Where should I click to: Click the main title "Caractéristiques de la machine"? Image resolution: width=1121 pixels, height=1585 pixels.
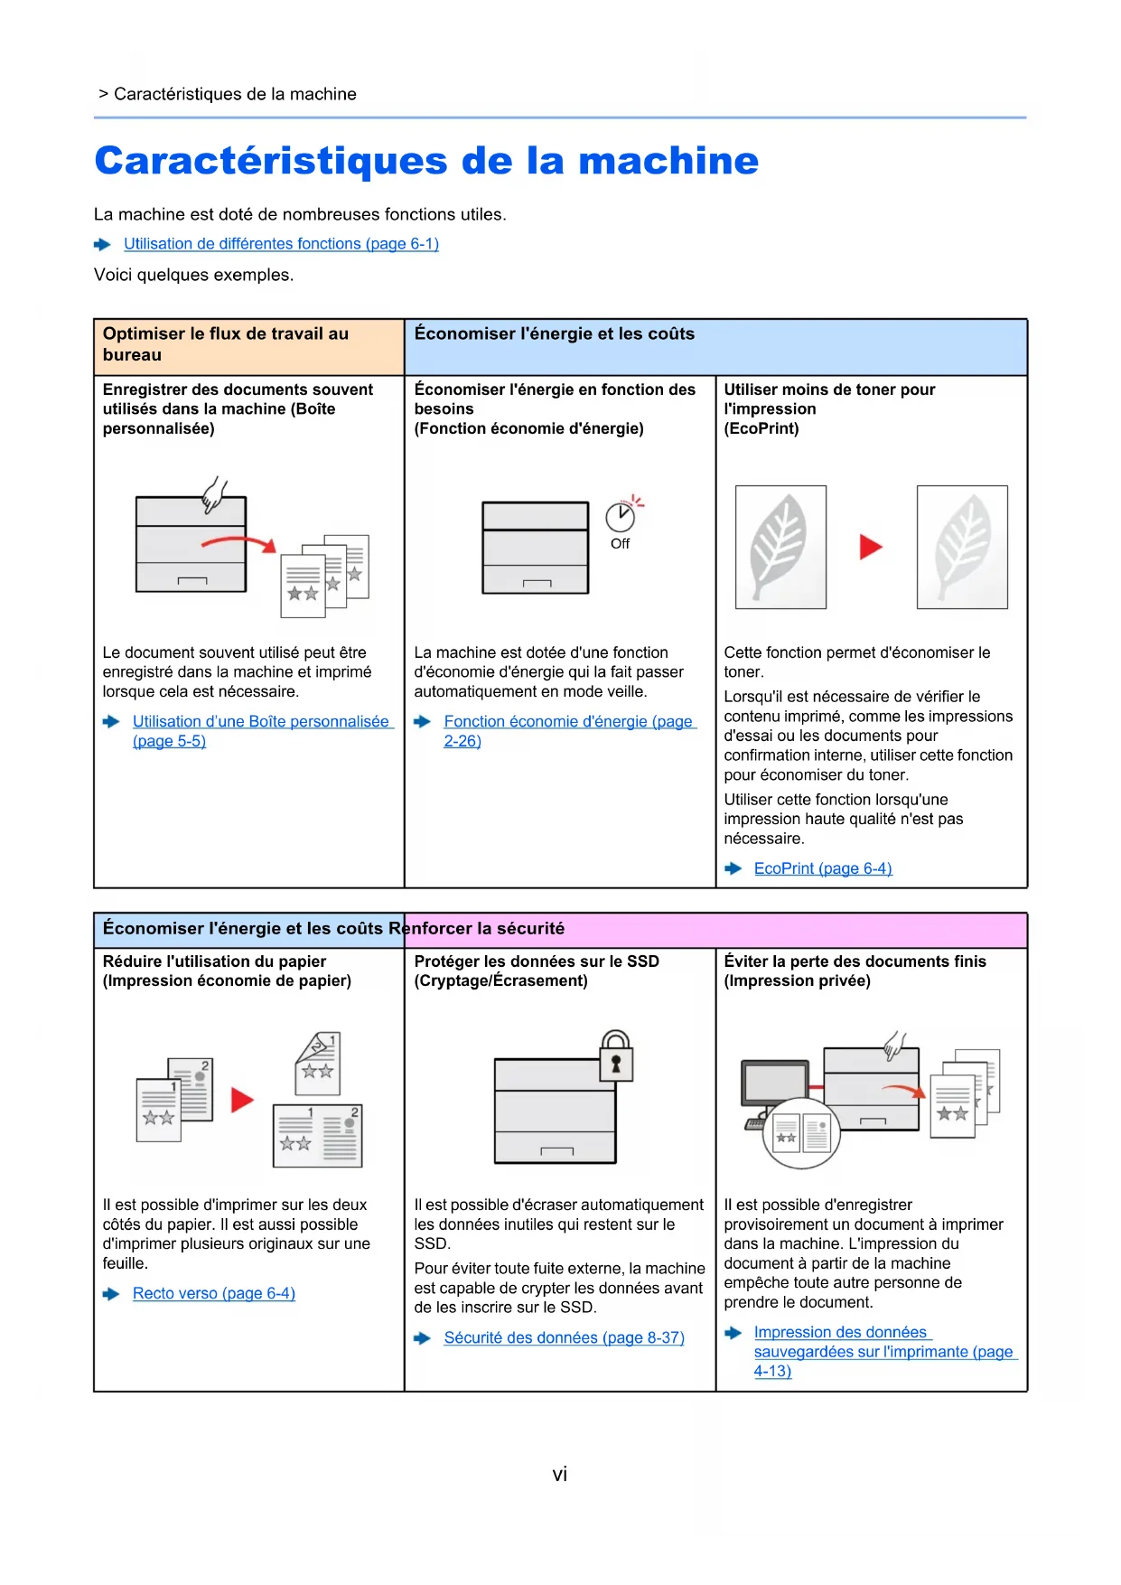point(426,161)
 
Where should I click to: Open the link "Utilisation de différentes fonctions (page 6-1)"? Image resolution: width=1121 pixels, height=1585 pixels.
point(281,244)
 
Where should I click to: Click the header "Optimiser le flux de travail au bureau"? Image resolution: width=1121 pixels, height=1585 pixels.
point(226,344)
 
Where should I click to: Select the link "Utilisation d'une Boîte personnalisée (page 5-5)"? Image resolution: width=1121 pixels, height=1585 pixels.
point(260,722)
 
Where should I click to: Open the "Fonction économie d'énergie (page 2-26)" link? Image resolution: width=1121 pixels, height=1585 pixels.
point(568,722)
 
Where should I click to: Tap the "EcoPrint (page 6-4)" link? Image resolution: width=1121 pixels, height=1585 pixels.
point(823,868)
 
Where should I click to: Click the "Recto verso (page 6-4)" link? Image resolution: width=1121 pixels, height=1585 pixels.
point(214,1294)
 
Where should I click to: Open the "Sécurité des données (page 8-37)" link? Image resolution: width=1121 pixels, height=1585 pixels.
point(564,1338)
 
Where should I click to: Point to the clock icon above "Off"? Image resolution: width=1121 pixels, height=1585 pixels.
point(620,517)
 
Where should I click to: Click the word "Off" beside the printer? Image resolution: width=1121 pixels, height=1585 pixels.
point(620,544)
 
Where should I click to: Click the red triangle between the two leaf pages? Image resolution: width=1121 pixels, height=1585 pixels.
point(870,547)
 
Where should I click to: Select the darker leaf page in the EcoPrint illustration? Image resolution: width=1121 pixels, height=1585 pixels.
point(780,547)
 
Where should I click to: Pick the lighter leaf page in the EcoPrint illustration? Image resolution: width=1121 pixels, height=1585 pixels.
point(962,547)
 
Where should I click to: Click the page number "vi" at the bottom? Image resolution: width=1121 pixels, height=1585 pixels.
point(560,1475)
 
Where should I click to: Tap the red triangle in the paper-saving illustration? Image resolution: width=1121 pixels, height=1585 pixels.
point(242,1100)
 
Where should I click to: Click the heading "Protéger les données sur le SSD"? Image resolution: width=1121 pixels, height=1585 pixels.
point(537,961)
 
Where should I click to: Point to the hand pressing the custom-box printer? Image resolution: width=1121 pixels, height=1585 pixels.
point(215,495)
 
